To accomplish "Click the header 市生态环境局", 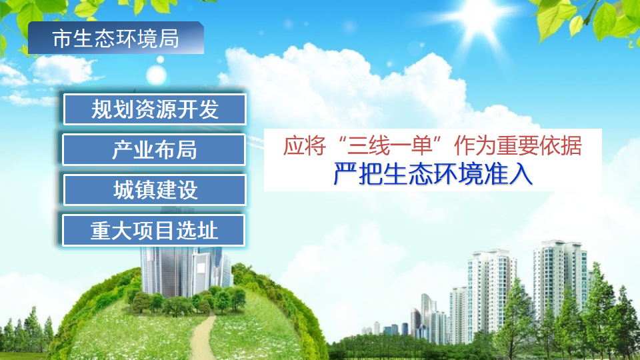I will pos(115,39).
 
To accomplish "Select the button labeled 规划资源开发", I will pos(155,109).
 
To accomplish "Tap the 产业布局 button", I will pos(155,149).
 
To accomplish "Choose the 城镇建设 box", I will pos(155,190).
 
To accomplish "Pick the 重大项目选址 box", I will pos(155,231).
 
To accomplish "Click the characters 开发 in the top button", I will pos(199,109).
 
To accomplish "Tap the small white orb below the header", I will pos(160,59).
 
